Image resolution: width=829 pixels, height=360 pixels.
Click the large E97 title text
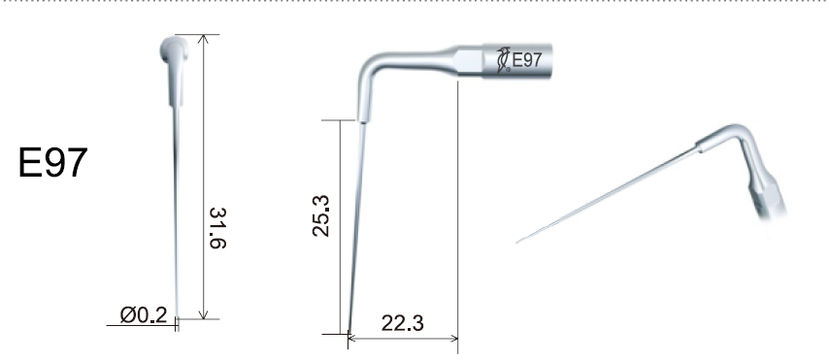[x=52, y=162]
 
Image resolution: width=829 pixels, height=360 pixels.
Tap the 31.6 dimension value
[x=217, y=228]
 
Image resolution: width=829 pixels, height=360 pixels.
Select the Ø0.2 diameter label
[x=144, y=315]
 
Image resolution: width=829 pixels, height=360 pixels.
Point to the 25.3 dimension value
[x=321, y=215]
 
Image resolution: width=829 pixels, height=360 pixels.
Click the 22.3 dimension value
[x=402, y=323]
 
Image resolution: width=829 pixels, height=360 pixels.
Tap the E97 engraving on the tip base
[x=527, y=60]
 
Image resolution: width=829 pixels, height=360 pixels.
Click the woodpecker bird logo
[x=503, y=60]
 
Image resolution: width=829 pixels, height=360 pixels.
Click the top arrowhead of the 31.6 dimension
[x=204, y=39]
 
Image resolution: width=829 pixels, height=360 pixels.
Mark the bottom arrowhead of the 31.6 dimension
[x=204, y=314]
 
